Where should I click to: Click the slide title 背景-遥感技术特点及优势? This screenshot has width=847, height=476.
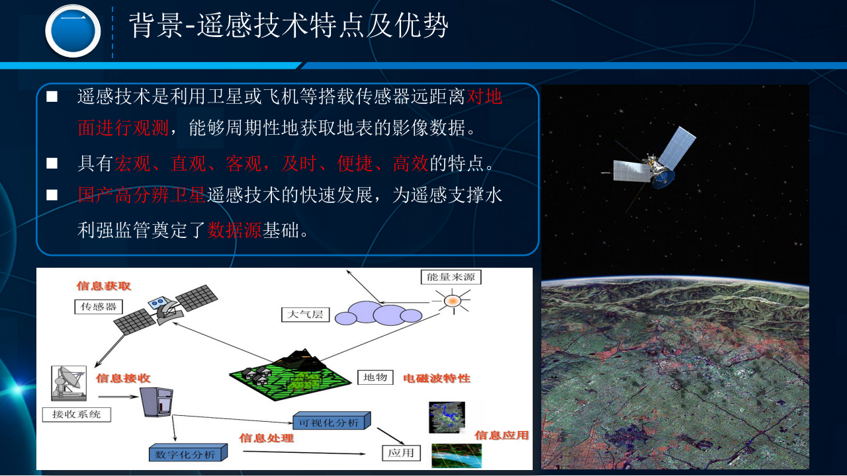[289, 26]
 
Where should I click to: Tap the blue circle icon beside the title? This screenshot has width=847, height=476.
[73, 31]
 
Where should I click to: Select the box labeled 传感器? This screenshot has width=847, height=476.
[99, 307]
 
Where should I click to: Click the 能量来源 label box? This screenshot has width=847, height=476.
[451, 277]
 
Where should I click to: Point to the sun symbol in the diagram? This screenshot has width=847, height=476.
[452, 301]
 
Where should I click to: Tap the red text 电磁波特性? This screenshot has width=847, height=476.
[437, 378]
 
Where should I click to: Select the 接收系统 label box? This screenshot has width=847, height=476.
[76, 415]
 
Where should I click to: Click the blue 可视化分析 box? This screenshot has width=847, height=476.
[330, 421]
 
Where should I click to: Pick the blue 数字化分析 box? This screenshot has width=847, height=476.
[187, 454]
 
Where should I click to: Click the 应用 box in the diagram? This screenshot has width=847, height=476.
[401, 453]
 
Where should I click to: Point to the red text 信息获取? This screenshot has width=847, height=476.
[104, 286]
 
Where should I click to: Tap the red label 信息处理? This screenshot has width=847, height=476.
[266, 438]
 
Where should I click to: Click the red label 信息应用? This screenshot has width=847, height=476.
[502, 435]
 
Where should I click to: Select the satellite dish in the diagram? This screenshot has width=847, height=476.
[69, 381]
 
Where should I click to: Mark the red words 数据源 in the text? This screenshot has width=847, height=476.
[235, 230]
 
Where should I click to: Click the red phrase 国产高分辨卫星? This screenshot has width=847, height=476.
[142, 195]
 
